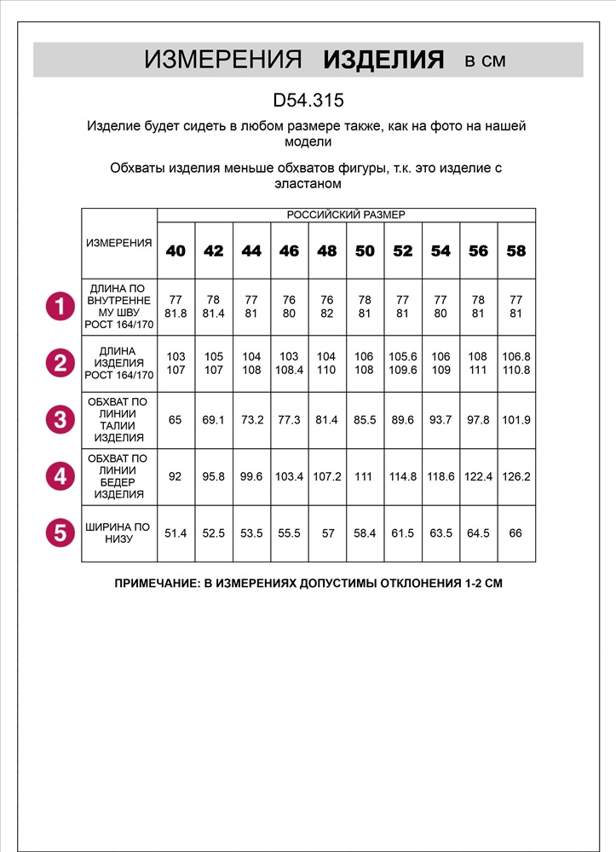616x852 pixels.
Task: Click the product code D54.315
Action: pos(308,101)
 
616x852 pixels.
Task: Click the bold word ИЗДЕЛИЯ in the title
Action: pos(384,60)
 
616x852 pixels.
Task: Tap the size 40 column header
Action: pos(176,250)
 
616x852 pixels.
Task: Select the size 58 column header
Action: pos(516,250)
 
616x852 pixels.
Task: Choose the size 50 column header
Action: pos(365,250)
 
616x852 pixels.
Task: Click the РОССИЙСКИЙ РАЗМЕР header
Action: pos(346,215)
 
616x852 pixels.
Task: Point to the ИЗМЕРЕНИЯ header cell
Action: pos(119,243)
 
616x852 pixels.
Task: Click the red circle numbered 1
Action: pos(60,307)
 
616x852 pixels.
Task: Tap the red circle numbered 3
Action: pos(60,419)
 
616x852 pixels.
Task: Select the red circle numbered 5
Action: pos(60,532)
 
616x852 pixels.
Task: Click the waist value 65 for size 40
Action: pos(176,420)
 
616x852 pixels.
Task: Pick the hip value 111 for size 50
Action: pos(365,477)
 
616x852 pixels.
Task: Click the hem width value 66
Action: pos(516,533)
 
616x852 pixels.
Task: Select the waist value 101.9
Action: pos(516,420)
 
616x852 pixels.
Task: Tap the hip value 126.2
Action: pos(516,477)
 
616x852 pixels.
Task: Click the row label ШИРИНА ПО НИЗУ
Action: pos(118,532)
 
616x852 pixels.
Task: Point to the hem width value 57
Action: pos(327,533)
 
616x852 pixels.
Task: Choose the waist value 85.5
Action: pos(365,420)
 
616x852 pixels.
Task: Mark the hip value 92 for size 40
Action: pos(176,477)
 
